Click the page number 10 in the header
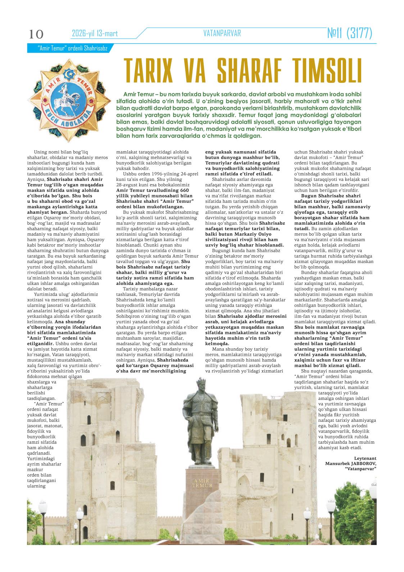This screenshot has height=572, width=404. click(x=36, y=34)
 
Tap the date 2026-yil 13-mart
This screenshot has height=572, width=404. click(x=95, y=34)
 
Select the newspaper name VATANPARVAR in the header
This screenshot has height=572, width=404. click(x=222, y=33)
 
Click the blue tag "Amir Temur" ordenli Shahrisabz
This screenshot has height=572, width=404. click(x=68, y=48)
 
